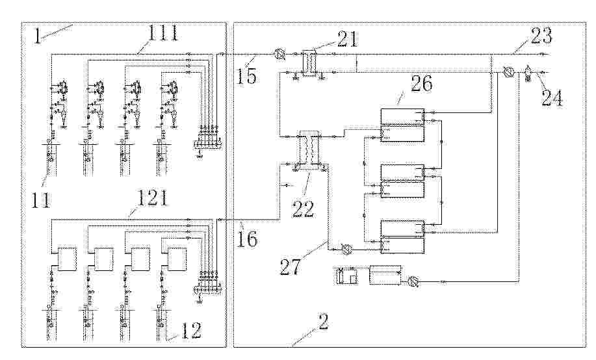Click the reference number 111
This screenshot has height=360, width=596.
coord(162,33)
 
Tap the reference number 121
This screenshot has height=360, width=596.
coord(151,198)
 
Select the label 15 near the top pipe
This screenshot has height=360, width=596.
coord(246,75)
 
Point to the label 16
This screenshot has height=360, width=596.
coord(247,238)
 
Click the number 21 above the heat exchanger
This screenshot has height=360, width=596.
coord(346,39)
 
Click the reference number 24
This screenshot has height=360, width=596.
coord(552,97)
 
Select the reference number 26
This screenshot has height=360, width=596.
coord(421,83)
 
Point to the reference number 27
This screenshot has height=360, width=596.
coord(291,266)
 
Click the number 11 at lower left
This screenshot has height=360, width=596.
coord(41,199)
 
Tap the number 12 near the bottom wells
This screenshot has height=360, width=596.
coord(191,330)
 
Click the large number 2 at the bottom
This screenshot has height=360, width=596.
coord(322,322)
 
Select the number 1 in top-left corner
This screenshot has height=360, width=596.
coord(37,36)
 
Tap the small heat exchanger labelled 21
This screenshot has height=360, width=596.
coord(309,62)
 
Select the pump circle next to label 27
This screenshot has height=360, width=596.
coord(346,250)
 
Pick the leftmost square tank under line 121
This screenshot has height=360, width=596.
coord(67,259)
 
